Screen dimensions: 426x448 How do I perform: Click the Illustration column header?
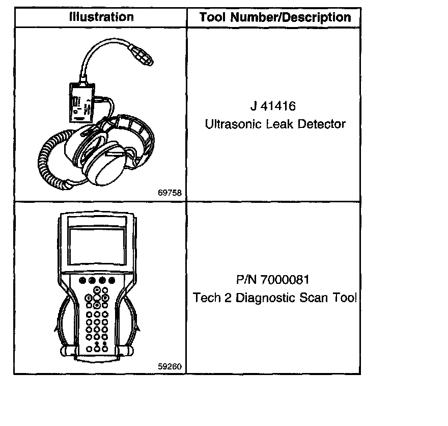(x=101, y=17)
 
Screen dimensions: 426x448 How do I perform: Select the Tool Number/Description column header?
(x=275, y=17)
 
